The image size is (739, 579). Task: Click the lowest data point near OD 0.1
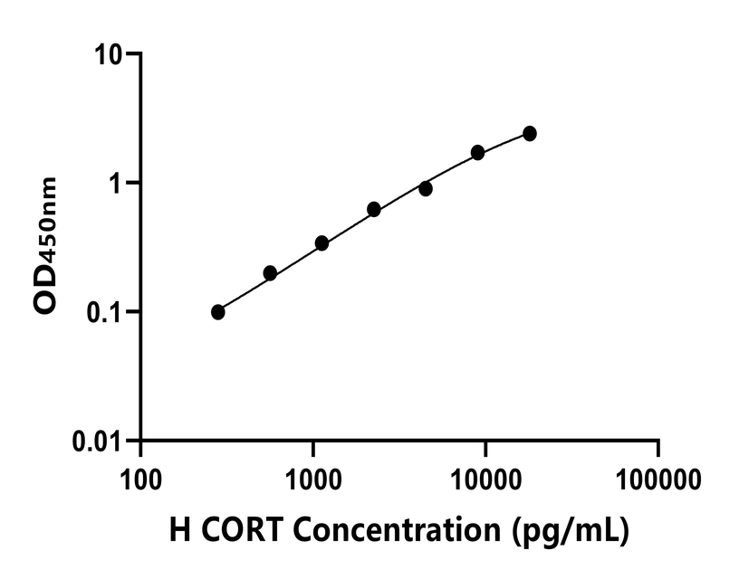[218, 312]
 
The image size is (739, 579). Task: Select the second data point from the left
[270, 273]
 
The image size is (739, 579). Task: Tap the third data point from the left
[322, 243]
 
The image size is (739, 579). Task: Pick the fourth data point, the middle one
[374, 209]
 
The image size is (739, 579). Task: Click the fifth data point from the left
[426, 189]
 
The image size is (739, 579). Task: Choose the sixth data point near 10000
[478, 153]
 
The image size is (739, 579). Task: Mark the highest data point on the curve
[530, 134]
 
